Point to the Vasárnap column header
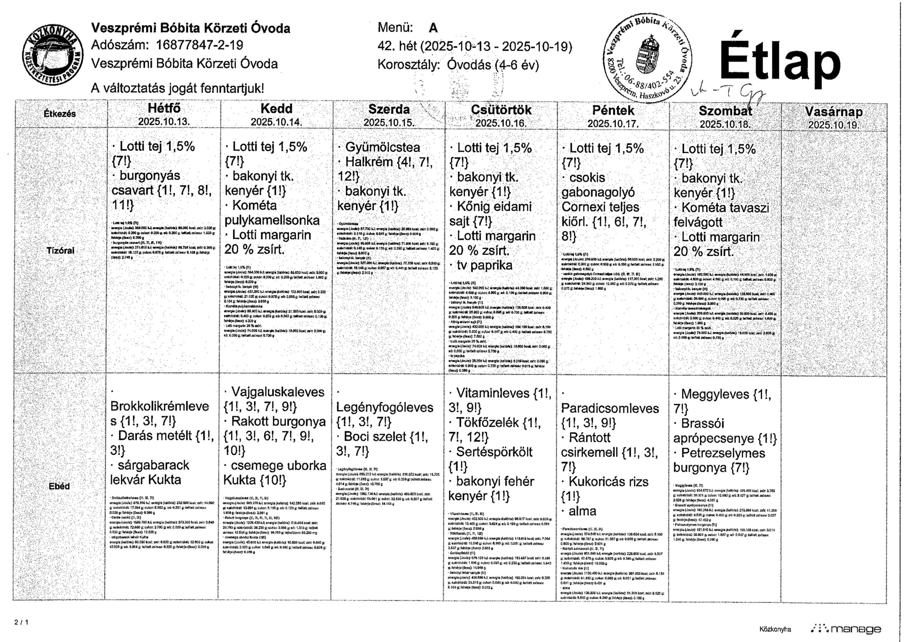pos(834,112)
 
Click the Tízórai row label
pos(60,250)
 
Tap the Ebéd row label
pos(59,486)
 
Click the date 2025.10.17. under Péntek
pos(613,124)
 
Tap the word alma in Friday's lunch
pos(582,511)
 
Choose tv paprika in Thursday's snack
pos(484,265)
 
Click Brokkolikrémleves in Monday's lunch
pos(159,406)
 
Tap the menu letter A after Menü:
pos(433,28)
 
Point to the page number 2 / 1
pos(21,622)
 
